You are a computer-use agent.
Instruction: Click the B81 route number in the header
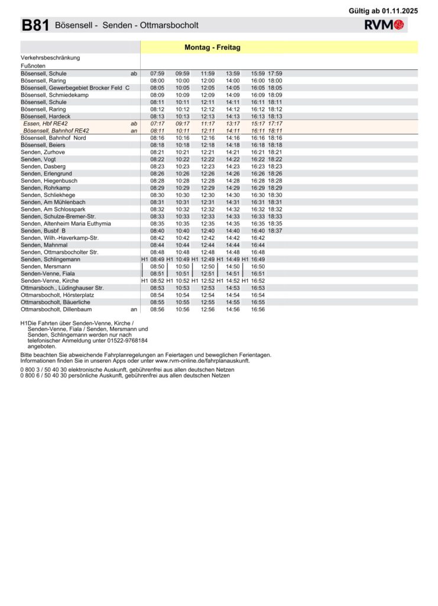coord(35,25)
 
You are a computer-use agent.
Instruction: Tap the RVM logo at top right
coord(384,25)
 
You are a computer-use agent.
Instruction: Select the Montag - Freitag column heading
coord(212,47)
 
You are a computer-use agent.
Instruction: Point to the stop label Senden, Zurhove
coord(43,152)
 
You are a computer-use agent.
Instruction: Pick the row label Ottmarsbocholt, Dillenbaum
coord(56,309)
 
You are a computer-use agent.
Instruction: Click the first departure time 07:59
coord(157,73)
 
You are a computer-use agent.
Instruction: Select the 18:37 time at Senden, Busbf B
coord(275,231)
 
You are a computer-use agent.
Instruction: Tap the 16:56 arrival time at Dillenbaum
coord(258,309)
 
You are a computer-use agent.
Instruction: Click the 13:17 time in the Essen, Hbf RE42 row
coord(233,124)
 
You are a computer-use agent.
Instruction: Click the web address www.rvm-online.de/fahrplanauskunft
coord(202,360)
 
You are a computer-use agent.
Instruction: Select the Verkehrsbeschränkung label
coord(50,58)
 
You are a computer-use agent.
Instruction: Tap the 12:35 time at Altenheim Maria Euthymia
coord(207,224)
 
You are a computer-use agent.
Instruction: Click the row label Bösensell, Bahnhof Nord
coord(53,138)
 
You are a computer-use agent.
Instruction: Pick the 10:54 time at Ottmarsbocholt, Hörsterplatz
coord(183,295)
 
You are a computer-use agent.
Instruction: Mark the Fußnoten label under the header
coord(33,66)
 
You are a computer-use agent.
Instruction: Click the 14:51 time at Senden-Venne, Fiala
coord(233,273)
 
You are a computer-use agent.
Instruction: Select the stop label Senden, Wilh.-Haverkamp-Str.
coord(60,238)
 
